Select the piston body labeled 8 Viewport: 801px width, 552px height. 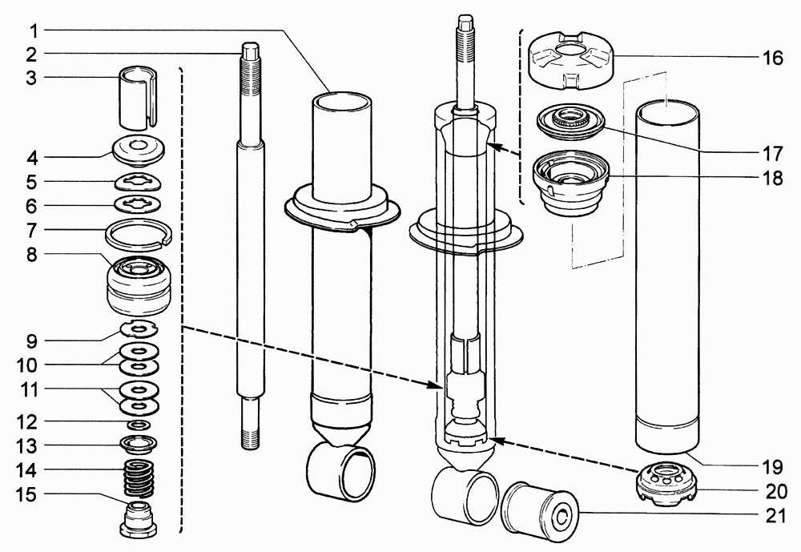pos(139,286)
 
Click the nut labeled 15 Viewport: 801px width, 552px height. pos(139,521)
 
